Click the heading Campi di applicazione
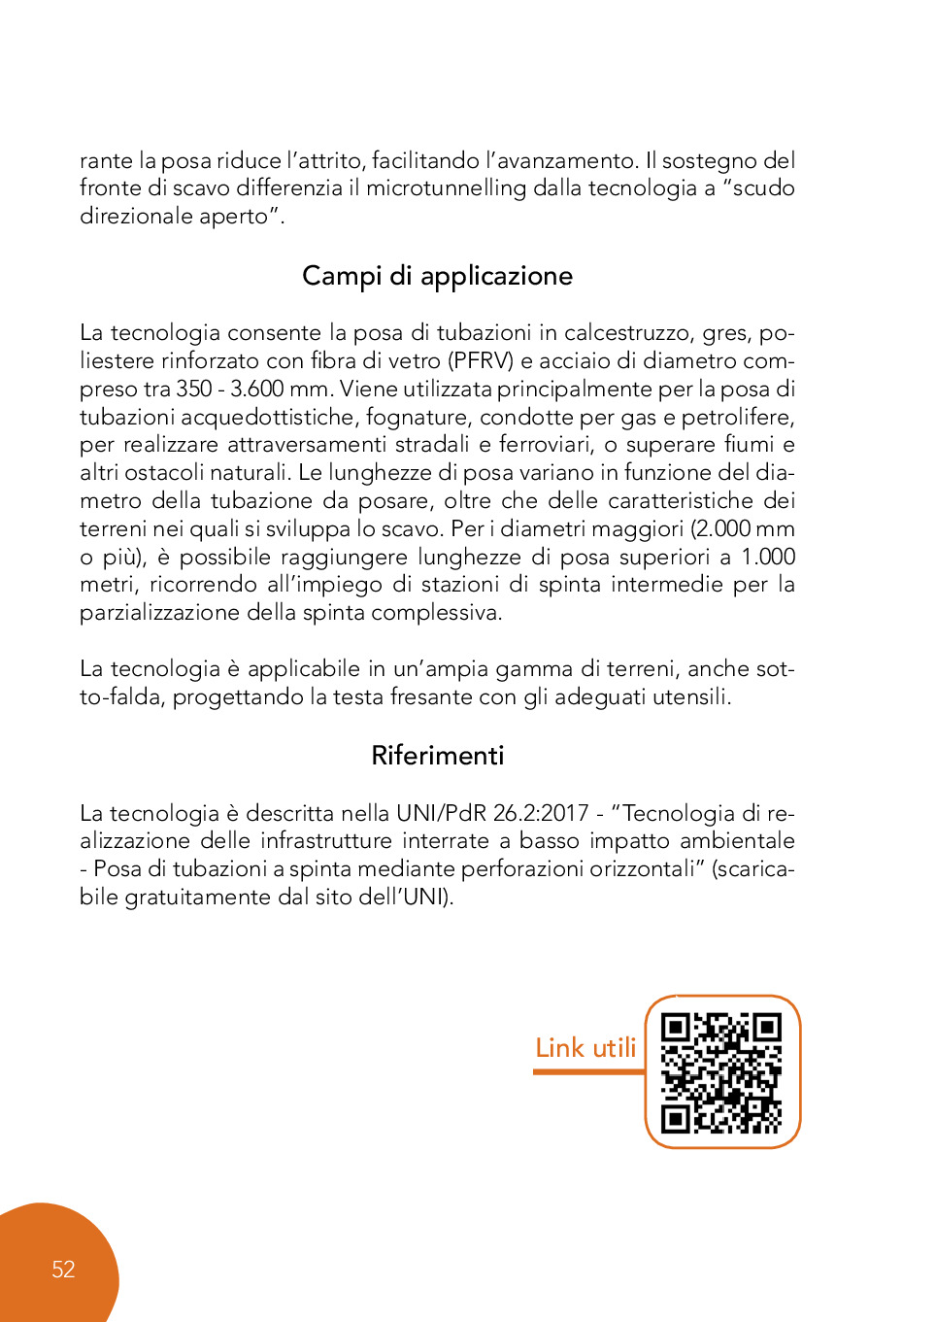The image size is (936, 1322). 437,277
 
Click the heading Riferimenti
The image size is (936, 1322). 437,756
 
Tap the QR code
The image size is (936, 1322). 721,1072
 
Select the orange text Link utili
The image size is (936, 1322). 585,1048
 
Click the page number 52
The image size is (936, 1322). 63,1270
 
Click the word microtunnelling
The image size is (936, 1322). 446,188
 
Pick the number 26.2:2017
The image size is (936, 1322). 541,813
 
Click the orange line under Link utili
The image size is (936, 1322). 588,1071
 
